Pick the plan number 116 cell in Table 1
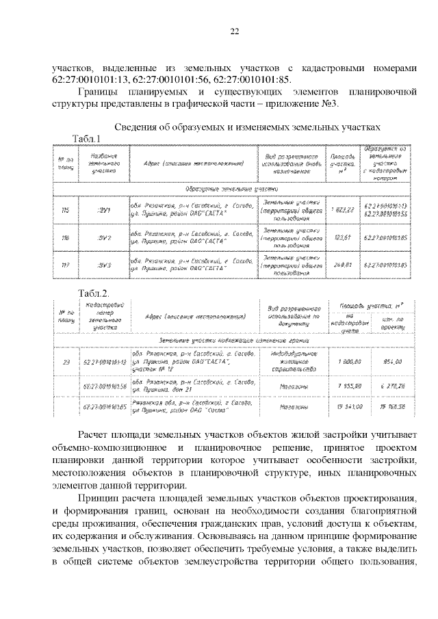[66, 237]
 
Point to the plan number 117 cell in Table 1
[66, 265]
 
